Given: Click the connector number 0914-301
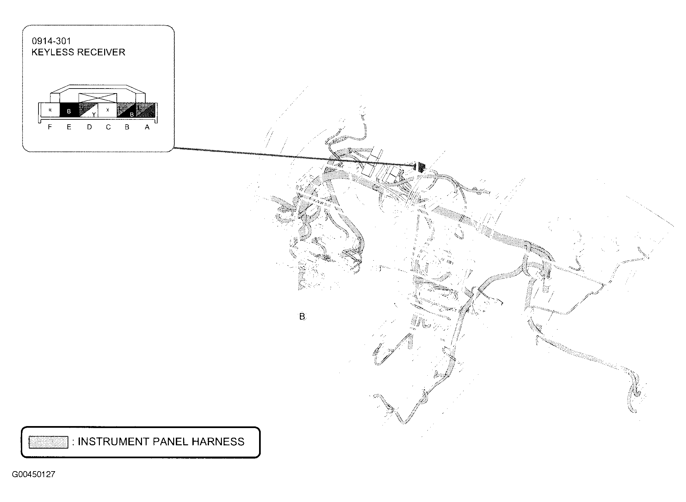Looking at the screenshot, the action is coord(51,41).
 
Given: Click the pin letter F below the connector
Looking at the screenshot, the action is coord(50,127).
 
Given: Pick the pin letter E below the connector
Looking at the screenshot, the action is coord(69,127).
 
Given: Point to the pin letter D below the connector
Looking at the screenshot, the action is coord(89,127).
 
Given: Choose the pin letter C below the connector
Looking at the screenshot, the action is coord(108,127).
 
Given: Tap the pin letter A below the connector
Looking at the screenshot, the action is coord(147,127).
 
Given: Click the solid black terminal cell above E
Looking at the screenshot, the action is coord(69,110).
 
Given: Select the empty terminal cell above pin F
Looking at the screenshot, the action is coord(50,110).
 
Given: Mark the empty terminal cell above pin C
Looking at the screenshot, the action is coord(108,110).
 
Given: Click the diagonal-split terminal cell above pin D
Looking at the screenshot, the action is coord(88,110).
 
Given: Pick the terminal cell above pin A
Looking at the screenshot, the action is coord(146,110).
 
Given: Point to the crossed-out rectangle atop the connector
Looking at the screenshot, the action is coord(98,98).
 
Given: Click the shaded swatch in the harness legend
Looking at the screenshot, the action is coord(48,442).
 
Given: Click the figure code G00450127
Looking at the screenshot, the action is coord(34,474).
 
